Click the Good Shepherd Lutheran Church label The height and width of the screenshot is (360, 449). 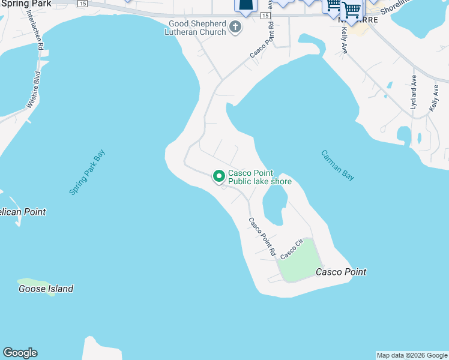pyautogui.click(x=196, y=28)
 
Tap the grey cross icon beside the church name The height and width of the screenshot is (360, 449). pyautogui.click(x=235, y=27)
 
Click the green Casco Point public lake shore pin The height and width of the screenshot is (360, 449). pyautogui.click(x=219, y=176)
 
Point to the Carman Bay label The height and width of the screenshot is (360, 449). pyautogui.click(x=337, y=165)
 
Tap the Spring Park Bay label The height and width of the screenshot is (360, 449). pyautogui.click(x=87, y=172)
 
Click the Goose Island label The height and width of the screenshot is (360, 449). pyautogui.click(x=46, y=289)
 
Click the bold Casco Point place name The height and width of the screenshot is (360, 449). pyautogui.click(x=341, y=272)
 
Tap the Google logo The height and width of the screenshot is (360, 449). pyautogui.click(x=20, y=353)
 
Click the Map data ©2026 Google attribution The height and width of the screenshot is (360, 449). pyautogui.click(x=412, y=355)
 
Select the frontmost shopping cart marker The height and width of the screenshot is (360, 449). pyautogui.click(x=351, y=9)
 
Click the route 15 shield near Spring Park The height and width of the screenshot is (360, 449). pyautogui.click(x=82, y=4)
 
